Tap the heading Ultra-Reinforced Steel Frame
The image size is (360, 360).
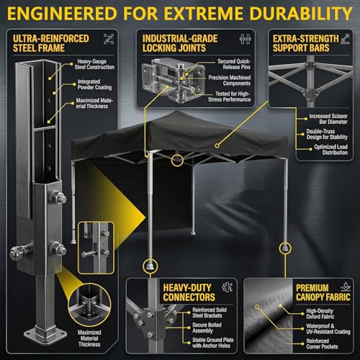point(51,43)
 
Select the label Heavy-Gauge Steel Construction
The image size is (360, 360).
point(94,64)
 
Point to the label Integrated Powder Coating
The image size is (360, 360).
point(94,84)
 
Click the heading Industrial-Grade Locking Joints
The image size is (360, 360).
point(180,43)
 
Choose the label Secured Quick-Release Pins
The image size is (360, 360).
point(234,64)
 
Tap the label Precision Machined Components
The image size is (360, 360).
point(230,81)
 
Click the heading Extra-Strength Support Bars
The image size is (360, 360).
point(305,43)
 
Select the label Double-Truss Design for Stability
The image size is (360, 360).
point(327,134)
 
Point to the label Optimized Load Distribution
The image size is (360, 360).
point(331,150)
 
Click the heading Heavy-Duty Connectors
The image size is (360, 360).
point(189,292)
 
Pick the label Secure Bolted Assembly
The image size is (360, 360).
point(207,328)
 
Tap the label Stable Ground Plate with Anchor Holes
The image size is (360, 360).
point(213,343)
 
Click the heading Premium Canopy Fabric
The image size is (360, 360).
point(323,292)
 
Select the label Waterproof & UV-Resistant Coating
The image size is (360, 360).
point(328,329)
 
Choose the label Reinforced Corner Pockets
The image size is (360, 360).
point(322,343)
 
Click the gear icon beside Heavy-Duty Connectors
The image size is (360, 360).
point(227,287)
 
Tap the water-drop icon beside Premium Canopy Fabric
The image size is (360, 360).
point(346,287)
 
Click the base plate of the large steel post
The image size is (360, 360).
point(45,334)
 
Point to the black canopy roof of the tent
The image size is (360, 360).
point(180,135)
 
